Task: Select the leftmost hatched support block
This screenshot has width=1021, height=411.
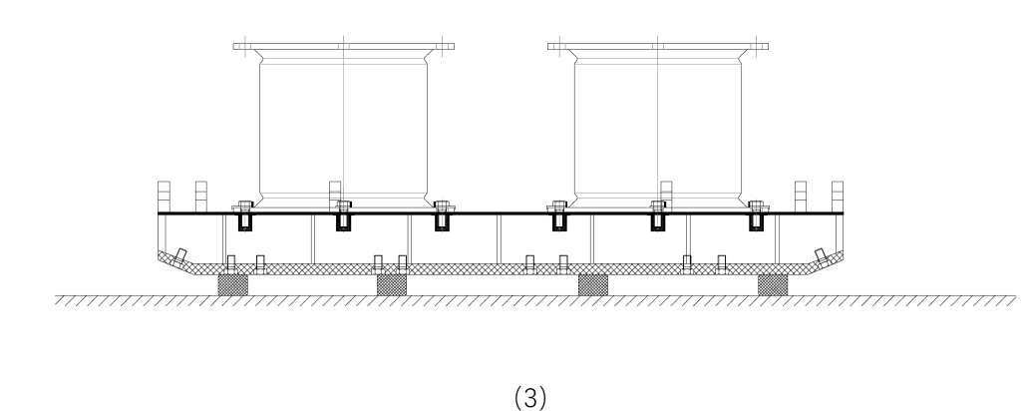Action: pyautogui.click(x=232, y=285)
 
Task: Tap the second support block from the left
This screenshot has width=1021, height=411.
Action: pyautogui.click(x=391, y=285)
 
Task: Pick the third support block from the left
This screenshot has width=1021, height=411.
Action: pyautogui.click(x=593, y=285)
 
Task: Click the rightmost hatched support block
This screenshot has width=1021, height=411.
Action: pyautogui.click(x=773, y=285)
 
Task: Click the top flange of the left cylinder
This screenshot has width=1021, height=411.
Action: pyautogui.click(x=343, y=46)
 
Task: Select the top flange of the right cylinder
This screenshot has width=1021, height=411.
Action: pyautogui.click(x=658, y=46)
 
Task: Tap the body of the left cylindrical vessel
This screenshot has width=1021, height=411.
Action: pyautogui.click(x=343, y=130)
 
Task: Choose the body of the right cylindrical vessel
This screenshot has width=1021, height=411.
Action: pyautogui.click(x=658, y=130)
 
